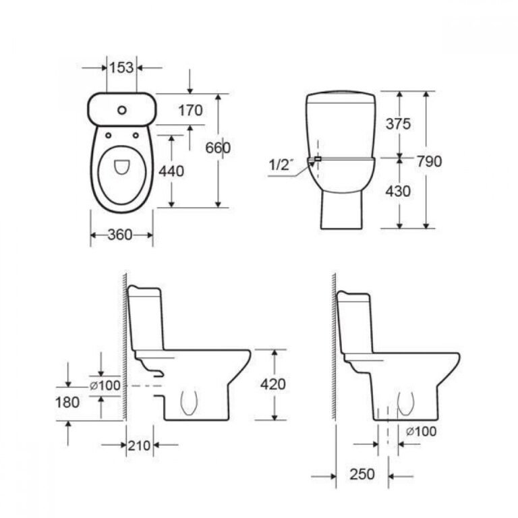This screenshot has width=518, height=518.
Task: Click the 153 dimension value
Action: (x=121, y=67)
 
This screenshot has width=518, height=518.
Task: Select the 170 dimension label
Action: (x=190, y=111)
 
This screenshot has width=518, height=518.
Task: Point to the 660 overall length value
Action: (x=218, y=148)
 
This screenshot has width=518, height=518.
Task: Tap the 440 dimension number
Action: (x=171, y=171)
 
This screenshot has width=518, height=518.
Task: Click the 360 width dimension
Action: (x=120, y=235)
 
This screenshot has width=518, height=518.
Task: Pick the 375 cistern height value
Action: (x=398, y=124)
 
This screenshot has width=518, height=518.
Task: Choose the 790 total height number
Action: (x=429, y=162)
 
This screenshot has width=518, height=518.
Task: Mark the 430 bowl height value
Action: (x=398, y=192)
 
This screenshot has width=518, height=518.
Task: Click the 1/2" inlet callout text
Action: (x=281, y=165)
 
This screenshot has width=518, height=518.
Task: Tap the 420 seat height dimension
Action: (x=273, y=384)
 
